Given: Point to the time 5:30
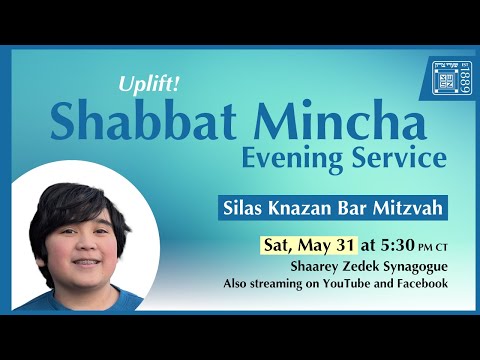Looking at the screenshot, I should click(x=390, y=244).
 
